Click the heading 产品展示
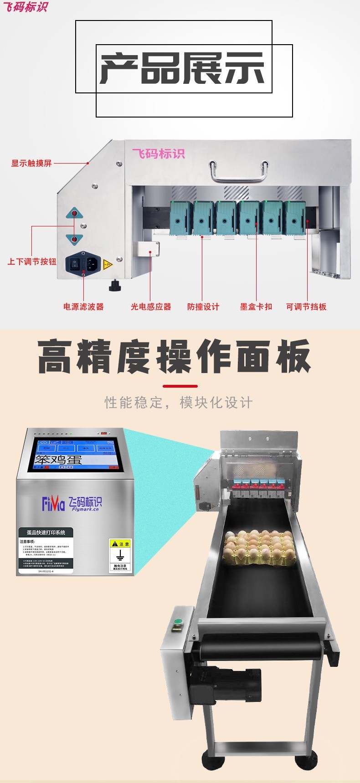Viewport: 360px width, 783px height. click(182, 68)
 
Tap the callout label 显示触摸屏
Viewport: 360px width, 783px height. click(31, 163)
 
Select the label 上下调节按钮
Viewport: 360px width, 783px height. click(32, 261)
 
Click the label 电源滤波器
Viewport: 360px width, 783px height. click(83, 307)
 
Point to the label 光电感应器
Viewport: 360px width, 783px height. click(151, 307)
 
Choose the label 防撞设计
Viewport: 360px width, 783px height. click(203, 307)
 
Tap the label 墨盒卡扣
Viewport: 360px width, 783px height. click(256, 307)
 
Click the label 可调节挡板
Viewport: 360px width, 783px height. click(306, 307)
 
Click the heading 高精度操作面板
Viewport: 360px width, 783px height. click(175, 357)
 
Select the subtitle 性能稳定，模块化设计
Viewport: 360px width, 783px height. click(178, 402)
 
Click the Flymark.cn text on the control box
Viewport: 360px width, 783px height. click(85, 509)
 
